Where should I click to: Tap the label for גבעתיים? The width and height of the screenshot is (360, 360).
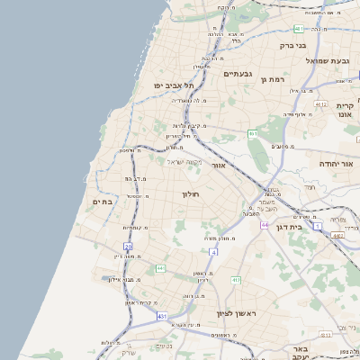(238, 74)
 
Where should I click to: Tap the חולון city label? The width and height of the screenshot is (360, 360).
(190, 194)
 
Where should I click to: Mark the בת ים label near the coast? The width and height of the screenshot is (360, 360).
(102, 202)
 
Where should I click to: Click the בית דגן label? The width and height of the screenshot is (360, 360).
(287, 217)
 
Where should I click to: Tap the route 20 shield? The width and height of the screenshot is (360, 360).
(128, 247)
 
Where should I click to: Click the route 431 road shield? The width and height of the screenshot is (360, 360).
(162, 317)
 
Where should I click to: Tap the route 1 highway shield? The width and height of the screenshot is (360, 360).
(318, 225)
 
